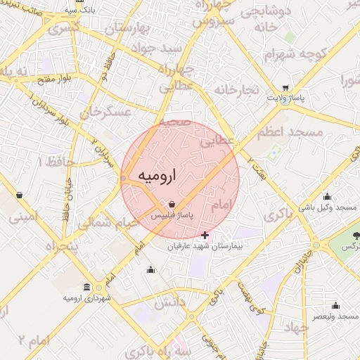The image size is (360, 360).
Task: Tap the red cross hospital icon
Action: [205, 235]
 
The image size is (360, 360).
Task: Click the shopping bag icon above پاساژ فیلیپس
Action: [172, 204]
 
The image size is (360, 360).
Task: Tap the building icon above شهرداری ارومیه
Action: [86, 287]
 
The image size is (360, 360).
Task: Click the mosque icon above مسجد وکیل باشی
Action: [326, 196]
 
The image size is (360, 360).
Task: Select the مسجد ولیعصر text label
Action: [336, 317]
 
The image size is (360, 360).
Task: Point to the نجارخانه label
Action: [238, 89]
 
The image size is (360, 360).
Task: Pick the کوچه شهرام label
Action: [295, 53]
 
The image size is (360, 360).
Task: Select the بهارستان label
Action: [127, 29]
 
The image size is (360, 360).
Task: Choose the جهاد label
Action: [293, 328]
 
